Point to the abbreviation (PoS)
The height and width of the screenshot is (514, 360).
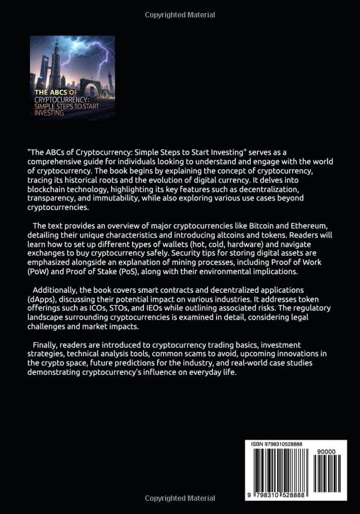point(136,272)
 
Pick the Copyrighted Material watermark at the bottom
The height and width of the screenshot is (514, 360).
point(179,498)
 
